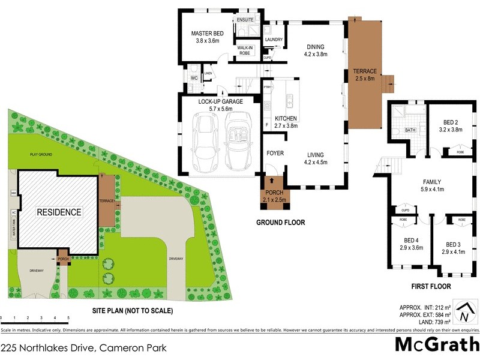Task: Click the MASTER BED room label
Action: pos(208,34)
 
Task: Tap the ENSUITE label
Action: pos(245,20)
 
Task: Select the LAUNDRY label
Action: pos(274,40)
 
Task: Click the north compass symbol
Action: pos(463,312)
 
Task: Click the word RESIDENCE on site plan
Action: pos(59,212)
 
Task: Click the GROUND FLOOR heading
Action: pos(281,223)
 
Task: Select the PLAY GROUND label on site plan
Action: pos(42,154)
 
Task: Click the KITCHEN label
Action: pos(285,118)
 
